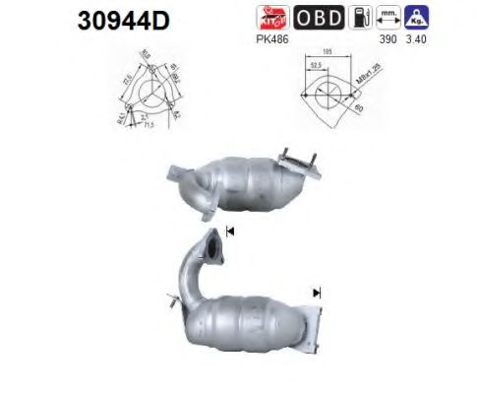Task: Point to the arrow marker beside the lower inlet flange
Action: pyautogui.click(x=230, y=231)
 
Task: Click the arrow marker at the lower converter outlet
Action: pyautogui.click(x=317, y=293)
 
